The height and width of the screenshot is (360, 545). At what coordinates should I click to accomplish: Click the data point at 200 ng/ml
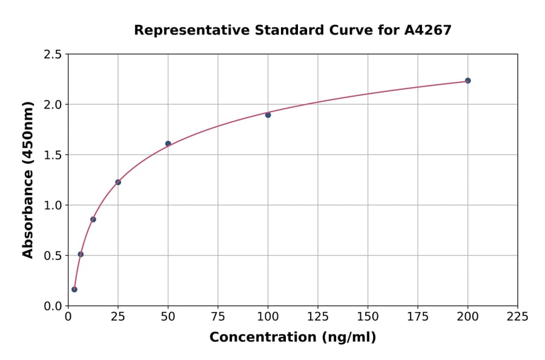pos(467,81)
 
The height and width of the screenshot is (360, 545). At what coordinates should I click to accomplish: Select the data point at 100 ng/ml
pos(268,115)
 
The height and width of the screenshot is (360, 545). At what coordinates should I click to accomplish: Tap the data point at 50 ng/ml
pos(168,144)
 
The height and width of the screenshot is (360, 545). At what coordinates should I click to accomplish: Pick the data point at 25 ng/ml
pos(118,182)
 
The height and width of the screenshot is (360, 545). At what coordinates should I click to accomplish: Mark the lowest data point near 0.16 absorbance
pos(74,289)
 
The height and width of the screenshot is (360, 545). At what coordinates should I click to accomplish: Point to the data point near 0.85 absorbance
pos(93,219)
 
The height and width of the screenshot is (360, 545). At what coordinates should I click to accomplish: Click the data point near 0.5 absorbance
pos(81,254)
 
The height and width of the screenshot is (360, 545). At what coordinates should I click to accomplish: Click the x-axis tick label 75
pos(218,316)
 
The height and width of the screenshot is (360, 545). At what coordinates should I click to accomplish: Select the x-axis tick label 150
pos(368,316)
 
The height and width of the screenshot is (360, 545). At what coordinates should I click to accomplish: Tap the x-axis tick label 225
pos(517,316)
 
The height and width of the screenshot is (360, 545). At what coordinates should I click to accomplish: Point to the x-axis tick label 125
pos(318,316)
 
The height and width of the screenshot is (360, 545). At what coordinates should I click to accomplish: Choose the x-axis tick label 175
pos(417,316)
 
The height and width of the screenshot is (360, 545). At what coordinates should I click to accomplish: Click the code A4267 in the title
pos(428,30)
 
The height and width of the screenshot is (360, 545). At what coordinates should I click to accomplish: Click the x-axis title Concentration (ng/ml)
pos(292,337)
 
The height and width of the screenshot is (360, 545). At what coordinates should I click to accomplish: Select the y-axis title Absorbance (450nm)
pos(28,179)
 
